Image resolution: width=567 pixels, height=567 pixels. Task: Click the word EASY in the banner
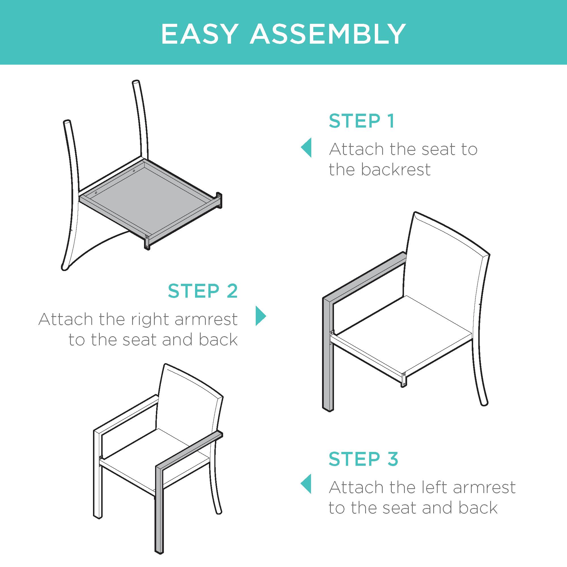tap(199, 34)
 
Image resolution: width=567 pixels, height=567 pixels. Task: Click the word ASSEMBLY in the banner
tap(328, 34)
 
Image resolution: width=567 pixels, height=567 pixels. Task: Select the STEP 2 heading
tap(202, 291)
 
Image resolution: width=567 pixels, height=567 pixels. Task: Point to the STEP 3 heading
tap(363, 459)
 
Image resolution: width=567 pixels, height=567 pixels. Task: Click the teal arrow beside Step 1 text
tap(306, 148)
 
